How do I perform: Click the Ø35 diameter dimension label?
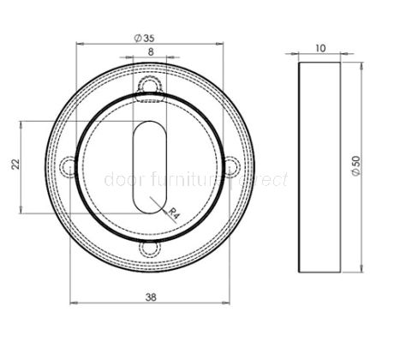coord(143,37)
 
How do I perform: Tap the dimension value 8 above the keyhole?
coord(151,52)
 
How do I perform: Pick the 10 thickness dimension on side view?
coord(319,51)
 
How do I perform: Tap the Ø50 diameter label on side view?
coord(355,165)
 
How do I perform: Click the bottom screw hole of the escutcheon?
coord(151,247)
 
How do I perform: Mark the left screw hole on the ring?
coord(69,166)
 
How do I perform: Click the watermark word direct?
coord(266,181)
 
